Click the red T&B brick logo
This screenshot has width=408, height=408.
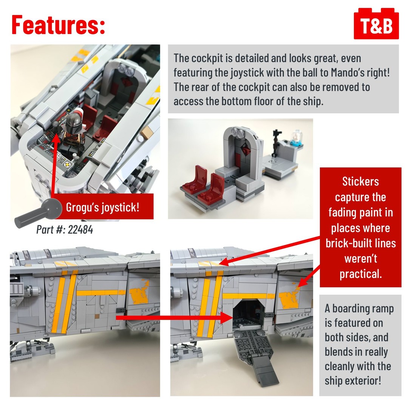(x=376, y=23)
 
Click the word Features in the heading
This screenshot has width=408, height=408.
(x=56, y=25)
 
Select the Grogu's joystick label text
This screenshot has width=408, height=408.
(x=103, y=207)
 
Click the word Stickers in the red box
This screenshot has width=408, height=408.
(x=360, y=181)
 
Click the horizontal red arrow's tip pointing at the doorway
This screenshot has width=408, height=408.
(x=231, y=318)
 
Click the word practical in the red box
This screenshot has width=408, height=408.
(x=360, y=274)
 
